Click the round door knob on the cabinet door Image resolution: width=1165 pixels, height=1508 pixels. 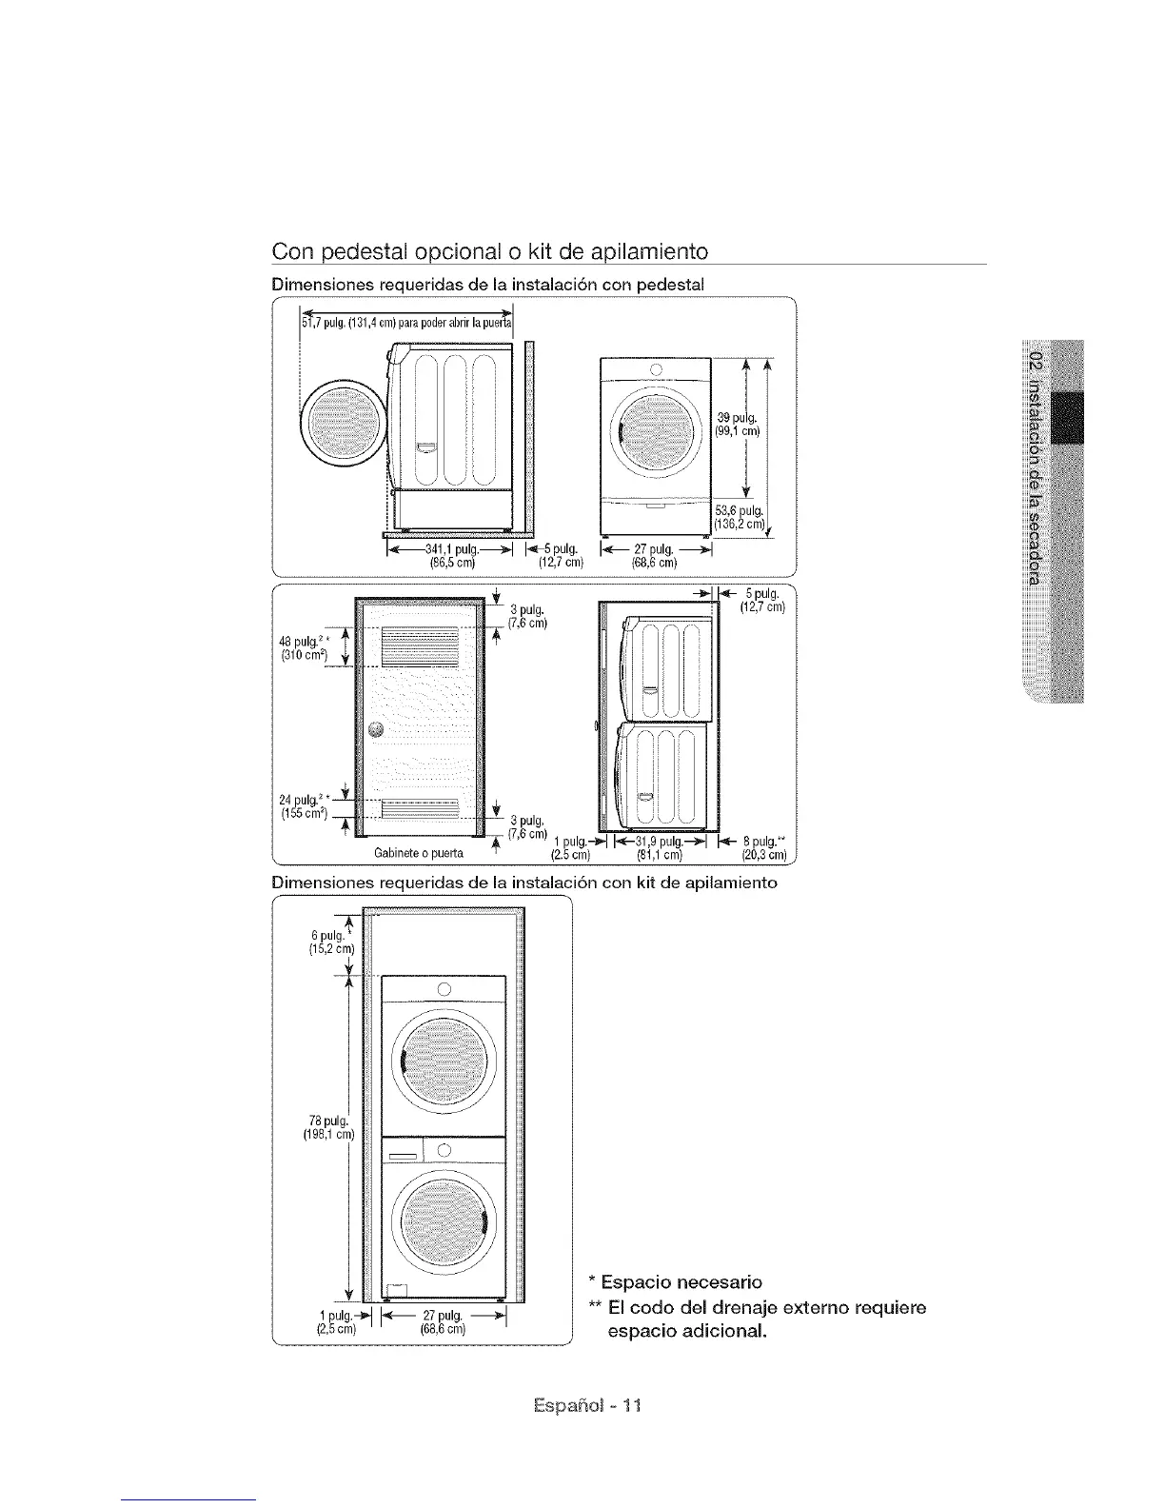376,729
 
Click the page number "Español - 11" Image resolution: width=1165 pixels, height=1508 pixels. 582,1405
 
